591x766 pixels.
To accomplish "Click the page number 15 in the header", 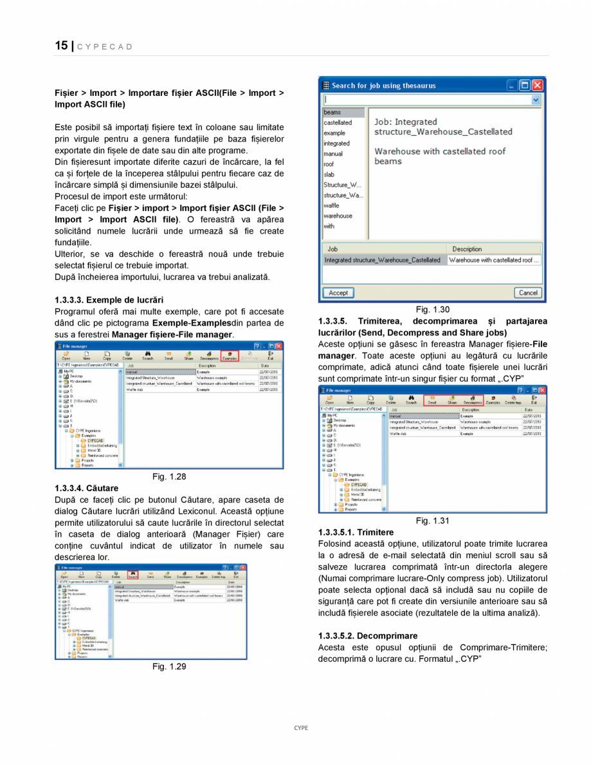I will coord(61,46).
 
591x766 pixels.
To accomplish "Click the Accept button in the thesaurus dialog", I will coord(338,293).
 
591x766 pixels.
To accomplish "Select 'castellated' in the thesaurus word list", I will coord(338,122).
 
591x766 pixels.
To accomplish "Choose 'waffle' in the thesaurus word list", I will coord(332,205).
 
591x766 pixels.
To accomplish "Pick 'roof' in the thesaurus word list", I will coord(329,164).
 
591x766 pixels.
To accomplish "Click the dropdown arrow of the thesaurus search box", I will coord(536,100).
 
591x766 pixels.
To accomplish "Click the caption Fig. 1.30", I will coord(433,310).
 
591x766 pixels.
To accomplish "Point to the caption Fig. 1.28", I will coord(169,476).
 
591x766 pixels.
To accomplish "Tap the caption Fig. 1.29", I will coord(169,666).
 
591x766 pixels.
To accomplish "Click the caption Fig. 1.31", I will coord(433,520).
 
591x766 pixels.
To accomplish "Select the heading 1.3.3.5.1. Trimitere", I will coord(356,532).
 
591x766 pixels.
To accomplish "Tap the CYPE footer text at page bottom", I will coord(301,728).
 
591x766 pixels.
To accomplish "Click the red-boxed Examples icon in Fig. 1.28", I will coord(229,356).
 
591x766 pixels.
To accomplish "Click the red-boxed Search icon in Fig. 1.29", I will coord(132,575).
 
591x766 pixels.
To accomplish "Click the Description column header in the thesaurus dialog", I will coord(467,249).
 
